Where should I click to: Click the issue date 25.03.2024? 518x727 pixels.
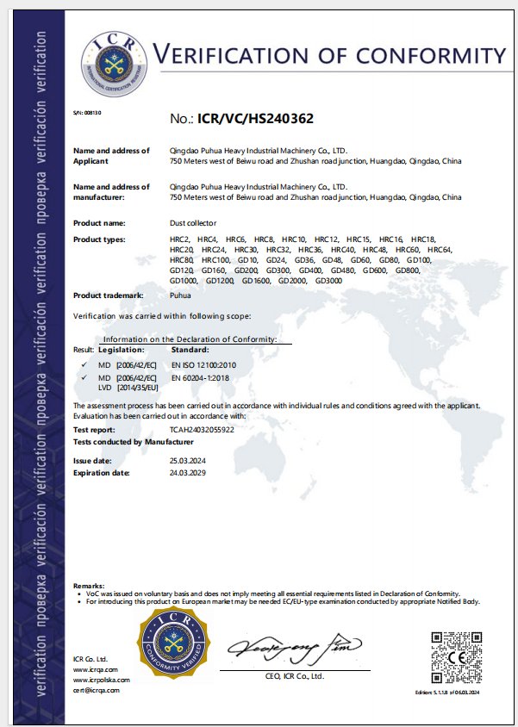pyautogui.click(x=188, y=462)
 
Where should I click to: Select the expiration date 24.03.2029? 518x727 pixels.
pyautogui.click(x=188, y=473)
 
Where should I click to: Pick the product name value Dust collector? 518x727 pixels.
pyautogui.click(x=193, y=223)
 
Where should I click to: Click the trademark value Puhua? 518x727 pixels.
pyautogui.click(x=180, y=295)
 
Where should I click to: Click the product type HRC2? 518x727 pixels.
pyautogui.click(x=180, y=238)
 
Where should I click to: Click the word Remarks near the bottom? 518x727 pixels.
pyautogui.click(x=90, y=585)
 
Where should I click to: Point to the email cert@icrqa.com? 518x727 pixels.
pyautogui.click(x=97, y=690)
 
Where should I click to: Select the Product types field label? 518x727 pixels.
pyautogui.click(x=100, y=238)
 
